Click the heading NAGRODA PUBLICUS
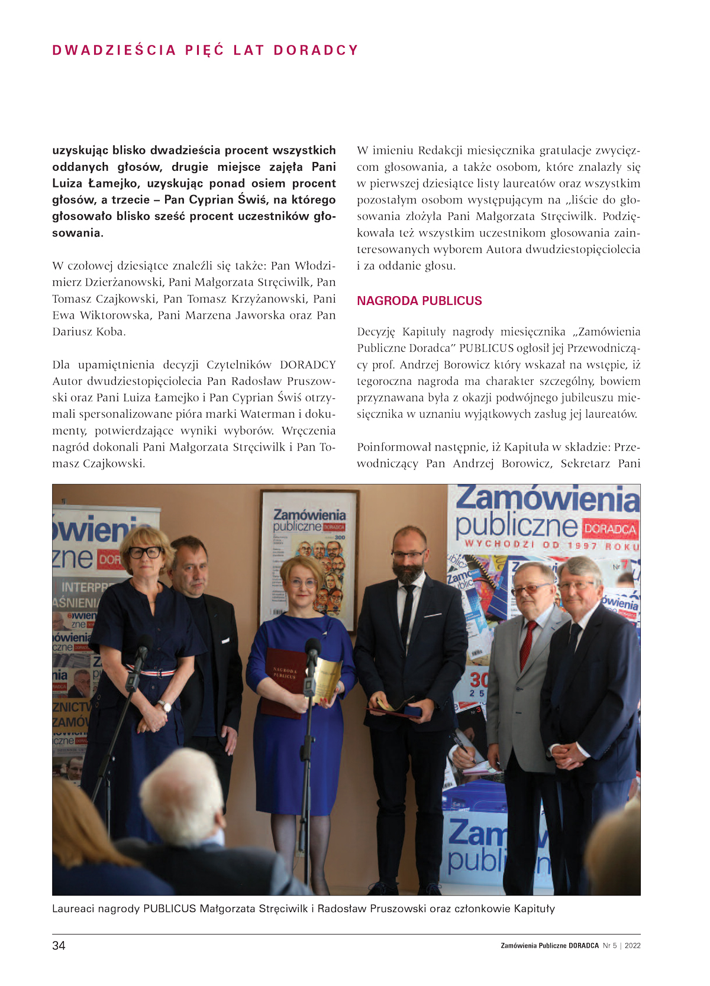pos(419,301)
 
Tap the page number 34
pos(59,945)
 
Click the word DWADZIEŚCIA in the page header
pos(114,50)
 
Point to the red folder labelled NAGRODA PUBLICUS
pos(284,682)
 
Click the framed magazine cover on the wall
pos(309,556)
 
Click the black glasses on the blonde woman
pos(146,552)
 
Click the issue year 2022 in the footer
pos(632,946)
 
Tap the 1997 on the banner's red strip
pos(582,546)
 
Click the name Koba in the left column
pos(111,332)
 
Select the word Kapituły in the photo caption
pos(534,909)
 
